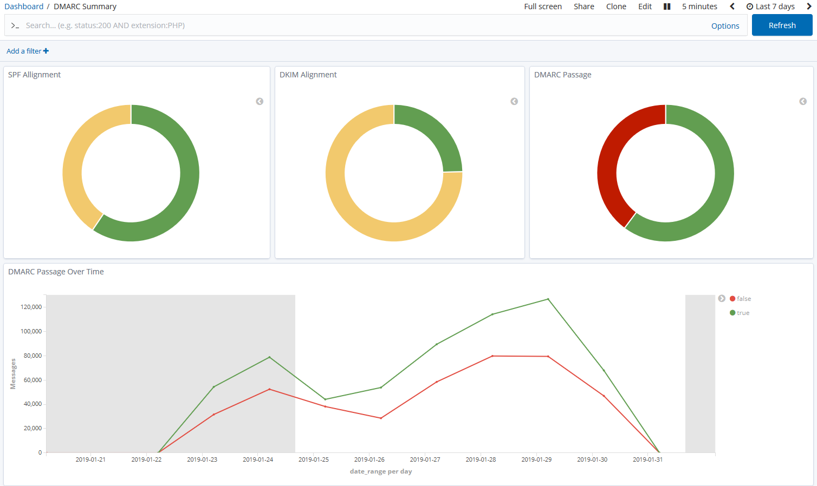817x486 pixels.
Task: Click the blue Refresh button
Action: tap(782, 25)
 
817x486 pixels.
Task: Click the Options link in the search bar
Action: tap(725, 26)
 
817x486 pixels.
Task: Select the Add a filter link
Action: tap(27, 51)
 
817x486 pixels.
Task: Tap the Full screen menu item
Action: tap(542, 6)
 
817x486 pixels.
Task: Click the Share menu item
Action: tap(583, 6)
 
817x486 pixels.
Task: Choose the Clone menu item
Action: tap(616, 6)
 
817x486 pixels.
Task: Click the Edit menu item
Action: tap(645, 6)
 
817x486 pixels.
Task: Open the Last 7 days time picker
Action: tap(770, 6)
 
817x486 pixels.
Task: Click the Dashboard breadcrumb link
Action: tap(24, 6)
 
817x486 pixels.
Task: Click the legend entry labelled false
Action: tap(743, 299)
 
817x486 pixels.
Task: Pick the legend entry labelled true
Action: tap(743, 313)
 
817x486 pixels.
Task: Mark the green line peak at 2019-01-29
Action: tap(548, 299)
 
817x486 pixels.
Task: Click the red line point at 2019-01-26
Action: tap(381, 418)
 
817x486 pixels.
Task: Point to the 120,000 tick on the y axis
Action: tap(31, 307)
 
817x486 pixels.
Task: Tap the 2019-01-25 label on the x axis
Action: tap(314, 459)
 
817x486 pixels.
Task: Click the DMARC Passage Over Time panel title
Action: tap(56, 272)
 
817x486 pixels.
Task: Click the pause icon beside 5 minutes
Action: tap(667, 6)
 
